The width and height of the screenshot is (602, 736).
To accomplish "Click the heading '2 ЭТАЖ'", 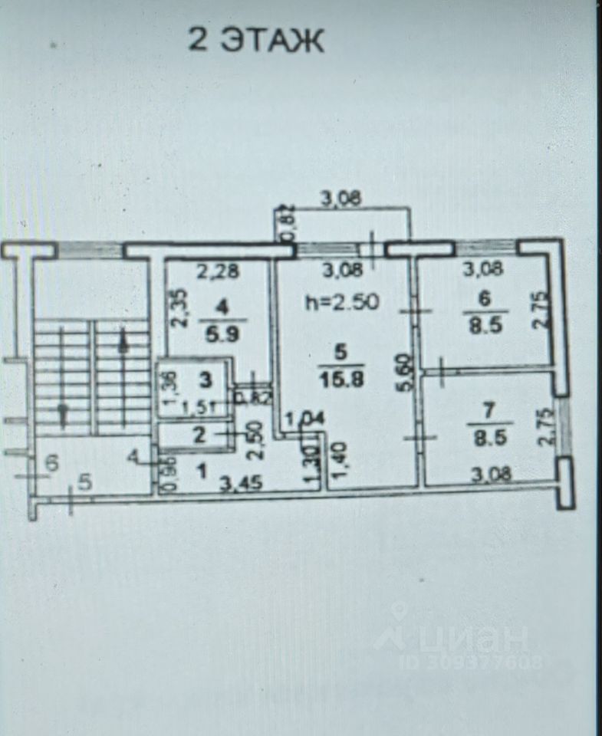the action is point(256,40).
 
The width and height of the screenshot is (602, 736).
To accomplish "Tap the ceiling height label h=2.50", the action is point(341,302).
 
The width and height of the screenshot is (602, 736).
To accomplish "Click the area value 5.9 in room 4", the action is point(222,334).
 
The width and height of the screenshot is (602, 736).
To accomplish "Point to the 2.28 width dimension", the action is point(214,270).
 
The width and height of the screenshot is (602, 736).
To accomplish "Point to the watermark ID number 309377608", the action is point(460,659).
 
